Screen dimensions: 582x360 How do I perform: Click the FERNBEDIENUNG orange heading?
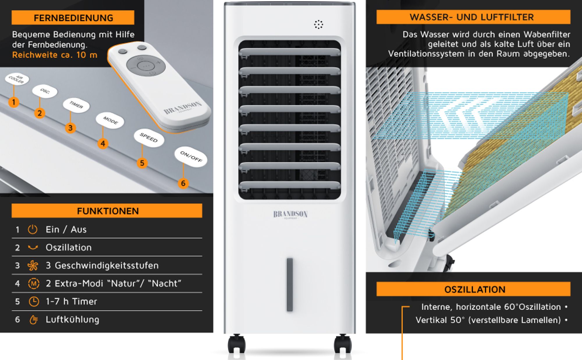(x=73, y=18)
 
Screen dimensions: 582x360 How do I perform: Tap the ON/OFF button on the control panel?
(x=191, y=157)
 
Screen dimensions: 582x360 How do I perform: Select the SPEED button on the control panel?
(x=149, y=137)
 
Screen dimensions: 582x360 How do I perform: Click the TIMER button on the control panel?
(x=76, y=105)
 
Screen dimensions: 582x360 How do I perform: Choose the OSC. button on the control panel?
(x=45, y=91)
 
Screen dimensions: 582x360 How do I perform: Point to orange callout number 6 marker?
(x=183, y=183)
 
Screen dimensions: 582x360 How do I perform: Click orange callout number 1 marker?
(x=13, y=102)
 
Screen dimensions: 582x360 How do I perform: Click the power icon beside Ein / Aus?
(x=33, y=229)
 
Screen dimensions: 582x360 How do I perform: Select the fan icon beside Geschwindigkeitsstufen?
(x=33, y=265)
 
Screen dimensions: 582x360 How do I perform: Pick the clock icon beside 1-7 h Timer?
(x=34, y=302)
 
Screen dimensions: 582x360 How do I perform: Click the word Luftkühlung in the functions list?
(x=72, y=320)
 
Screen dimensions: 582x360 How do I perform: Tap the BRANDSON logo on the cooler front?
(x=290, y=214)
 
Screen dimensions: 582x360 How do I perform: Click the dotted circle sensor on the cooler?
(x=319, y=24)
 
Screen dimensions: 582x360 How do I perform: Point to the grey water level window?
(x=290, y=285)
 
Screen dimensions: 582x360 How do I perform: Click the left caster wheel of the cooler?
(x=236, y=344)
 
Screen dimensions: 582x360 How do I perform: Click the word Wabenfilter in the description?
(x=547, y=34)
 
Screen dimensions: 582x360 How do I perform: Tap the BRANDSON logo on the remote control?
(x=183, y=108)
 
